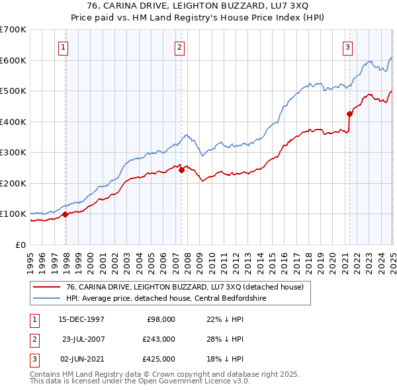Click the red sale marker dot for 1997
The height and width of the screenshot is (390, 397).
coord(66,214)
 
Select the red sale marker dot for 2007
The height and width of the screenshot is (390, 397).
coord(181,170)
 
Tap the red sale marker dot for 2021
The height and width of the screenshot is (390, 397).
coord(349,114)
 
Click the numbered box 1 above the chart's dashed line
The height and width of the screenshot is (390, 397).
coord(64,46)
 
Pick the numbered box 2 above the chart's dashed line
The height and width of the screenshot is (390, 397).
coord(180,46)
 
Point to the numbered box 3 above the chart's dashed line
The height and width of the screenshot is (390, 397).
coord(347,46)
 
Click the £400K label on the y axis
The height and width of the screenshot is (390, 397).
coord(13,122)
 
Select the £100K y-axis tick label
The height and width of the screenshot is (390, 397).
coord(13,214)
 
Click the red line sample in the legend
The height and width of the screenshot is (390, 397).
coord(46,287)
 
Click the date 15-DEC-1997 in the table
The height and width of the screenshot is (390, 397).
coord(81,319)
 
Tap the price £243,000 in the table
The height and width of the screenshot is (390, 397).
coord(159,339)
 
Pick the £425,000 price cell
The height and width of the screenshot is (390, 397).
coord(159,359)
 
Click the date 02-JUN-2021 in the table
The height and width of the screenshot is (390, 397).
coord(81,359)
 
